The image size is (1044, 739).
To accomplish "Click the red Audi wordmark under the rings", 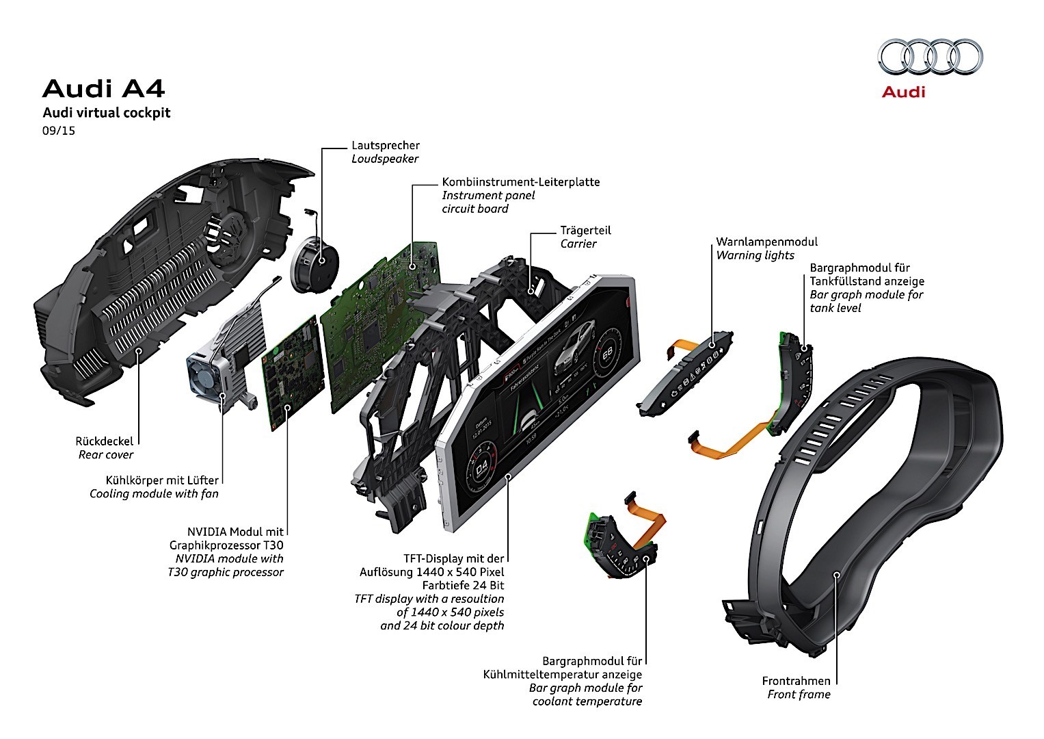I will pos(903,92).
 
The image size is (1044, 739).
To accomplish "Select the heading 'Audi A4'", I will pos(103,89).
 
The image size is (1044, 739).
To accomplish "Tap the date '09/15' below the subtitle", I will pos(58,130).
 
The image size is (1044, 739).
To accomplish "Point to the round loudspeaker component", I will pos(315,263).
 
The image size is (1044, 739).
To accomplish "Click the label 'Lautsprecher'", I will pos(386,145).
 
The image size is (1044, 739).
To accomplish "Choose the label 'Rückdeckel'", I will pos(105,441).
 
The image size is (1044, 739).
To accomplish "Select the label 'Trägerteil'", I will pos(585,231).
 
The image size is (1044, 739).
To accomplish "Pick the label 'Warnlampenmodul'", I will pos(766,242).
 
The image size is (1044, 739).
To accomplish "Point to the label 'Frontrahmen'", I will pos(796,681).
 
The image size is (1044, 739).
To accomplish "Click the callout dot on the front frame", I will pos(835,574).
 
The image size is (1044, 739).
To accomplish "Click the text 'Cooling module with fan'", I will pos(154,493).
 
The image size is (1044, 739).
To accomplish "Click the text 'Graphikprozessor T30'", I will pos(226,545).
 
